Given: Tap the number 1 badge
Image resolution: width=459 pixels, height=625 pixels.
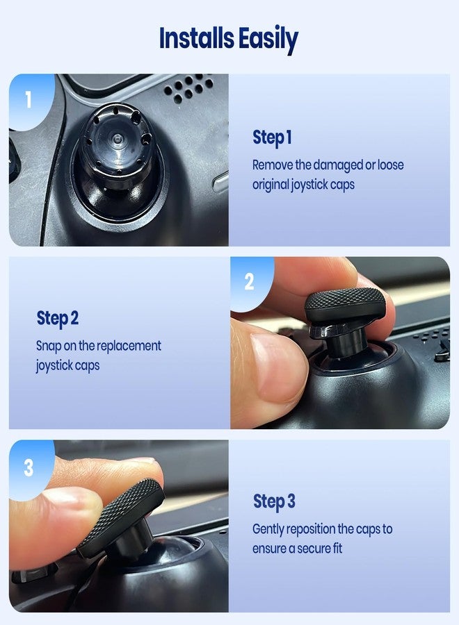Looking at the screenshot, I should pyautogui.click(x=28, y=100).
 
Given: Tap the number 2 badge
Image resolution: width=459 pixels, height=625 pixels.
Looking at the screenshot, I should pyautogui.click(x=249, y=282).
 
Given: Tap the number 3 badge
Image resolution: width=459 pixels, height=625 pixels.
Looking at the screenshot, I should pyautogui.click(x=28, y=467).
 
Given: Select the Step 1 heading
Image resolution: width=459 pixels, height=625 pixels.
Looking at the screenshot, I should pyautogui.click(x=272, y=138).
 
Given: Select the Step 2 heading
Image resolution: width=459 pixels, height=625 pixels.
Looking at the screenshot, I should pyautogui.click(x=57, y=319).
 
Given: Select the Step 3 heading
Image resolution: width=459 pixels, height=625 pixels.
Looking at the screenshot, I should pyautogui.click(x=274, y=501).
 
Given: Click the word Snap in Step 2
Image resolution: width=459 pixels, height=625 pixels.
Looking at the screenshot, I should pyautogui.click(x=48, y=346).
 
